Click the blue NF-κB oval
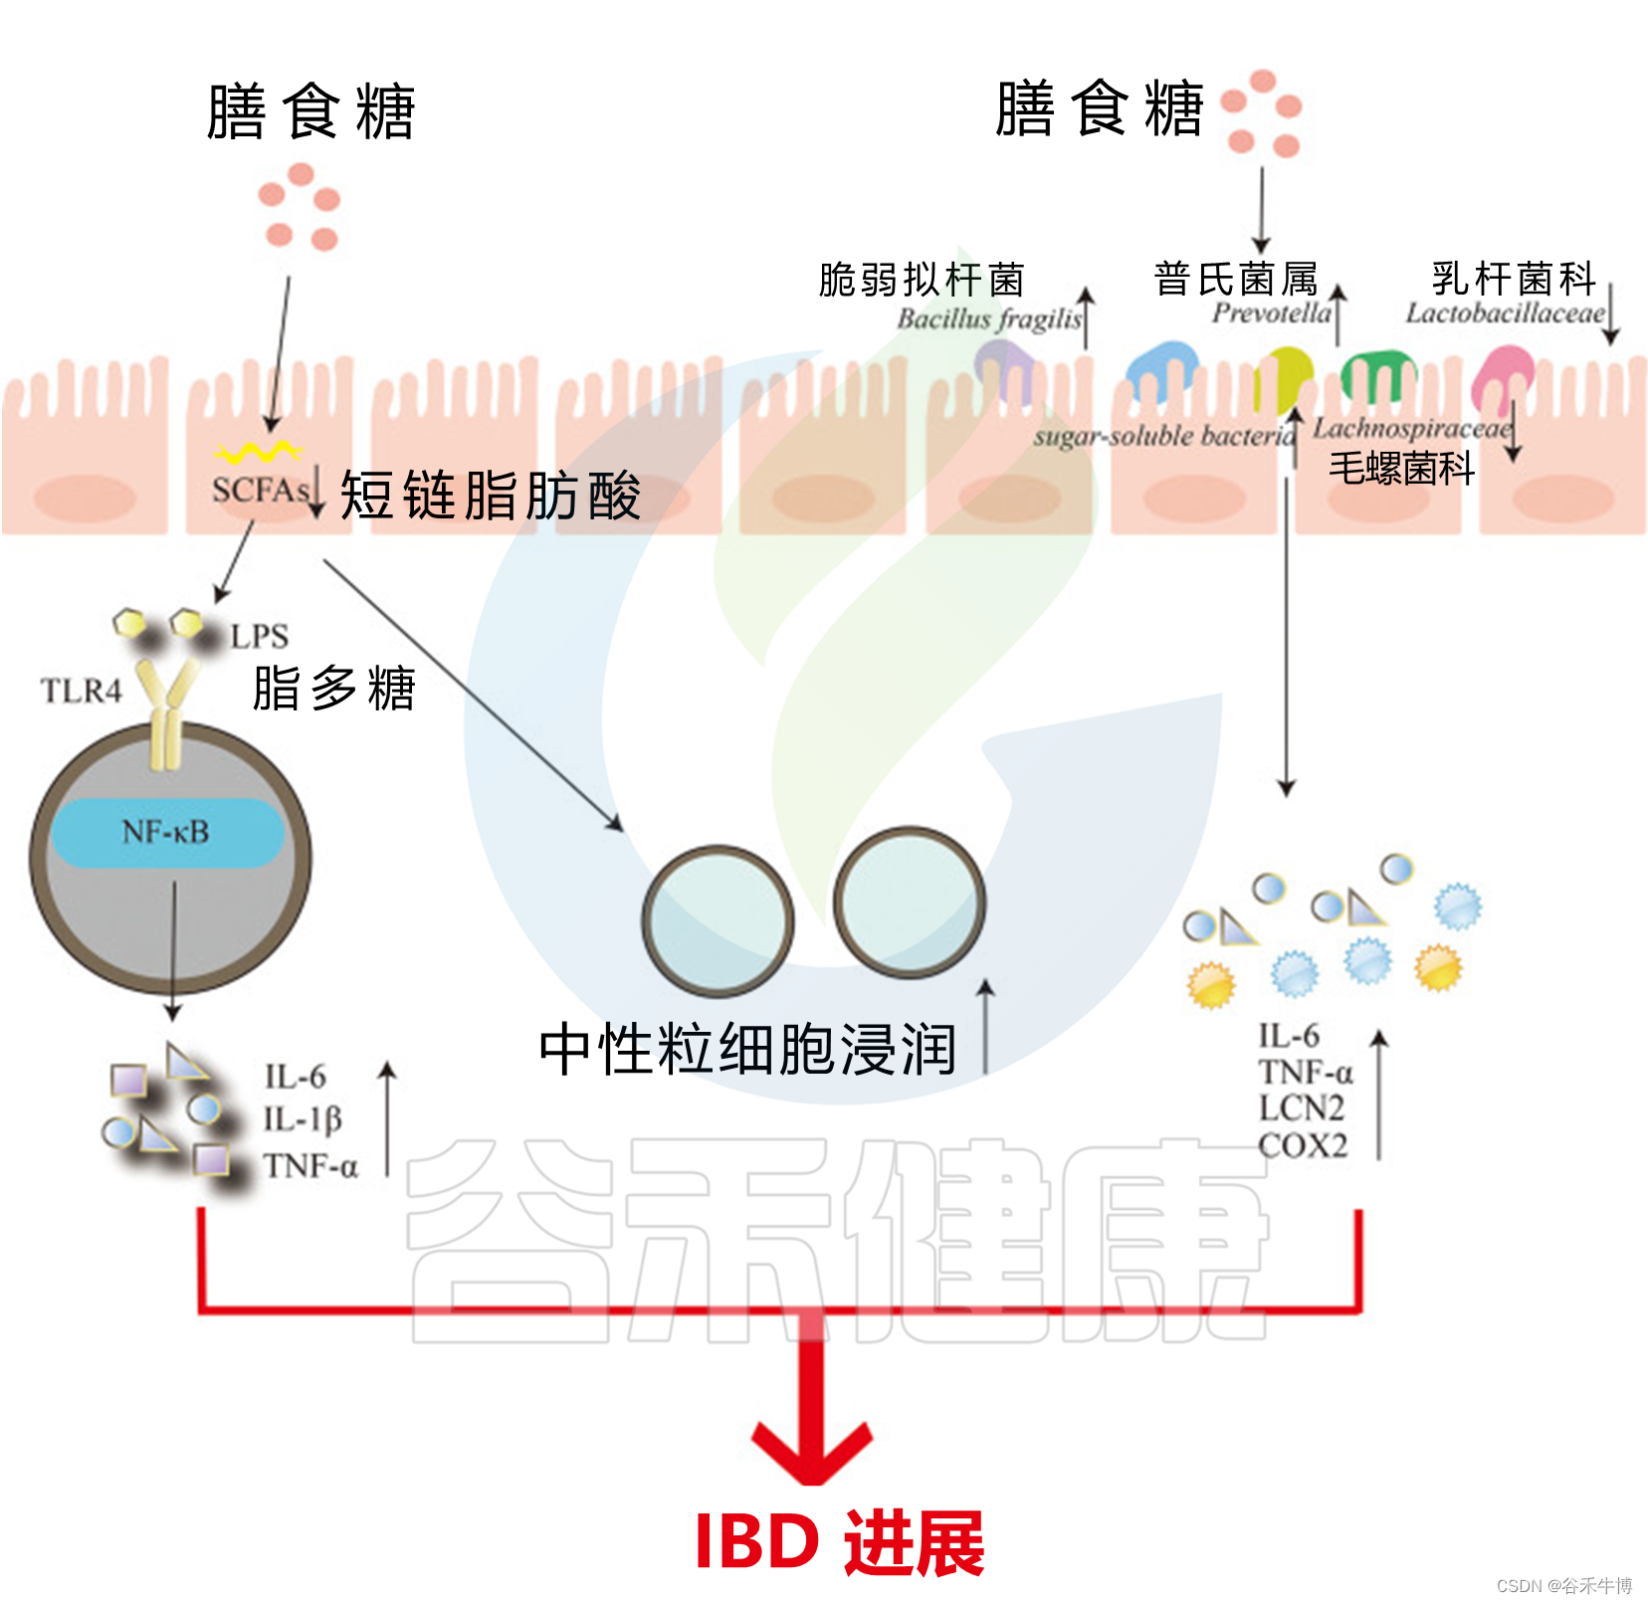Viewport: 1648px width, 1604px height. tap(166, 832)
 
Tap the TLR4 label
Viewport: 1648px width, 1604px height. tap(81, 691)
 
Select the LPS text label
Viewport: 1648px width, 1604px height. tap(259, 637)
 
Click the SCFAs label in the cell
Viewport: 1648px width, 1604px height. tap(260, 490)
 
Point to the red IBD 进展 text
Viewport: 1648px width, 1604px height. tap(839, 1543)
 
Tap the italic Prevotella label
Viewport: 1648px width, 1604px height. tap(1271, 313)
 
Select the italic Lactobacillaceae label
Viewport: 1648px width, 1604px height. tap(1505, 313)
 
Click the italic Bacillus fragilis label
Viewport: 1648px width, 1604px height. tap(988, 319)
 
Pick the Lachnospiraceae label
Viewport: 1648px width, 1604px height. tap(1411, 429)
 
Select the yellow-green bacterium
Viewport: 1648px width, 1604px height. tap(1284, 376)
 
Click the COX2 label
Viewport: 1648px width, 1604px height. tap(1303, 1146)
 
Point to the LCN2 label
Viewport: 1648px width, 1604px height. tap(1301, 1108)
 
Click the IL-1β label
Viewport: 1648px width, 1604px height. tap(303, 1120)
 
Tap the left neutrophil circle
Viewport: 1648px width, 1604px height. tap(718, 919)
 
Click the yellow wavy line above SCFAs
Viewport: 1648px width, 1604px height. tap(258, 453)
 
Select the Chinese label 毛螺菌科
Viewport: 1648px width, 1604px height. tap(1401, 468)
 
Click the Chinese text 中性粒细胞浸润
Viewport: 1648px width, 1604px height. tap(747, 1049)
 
